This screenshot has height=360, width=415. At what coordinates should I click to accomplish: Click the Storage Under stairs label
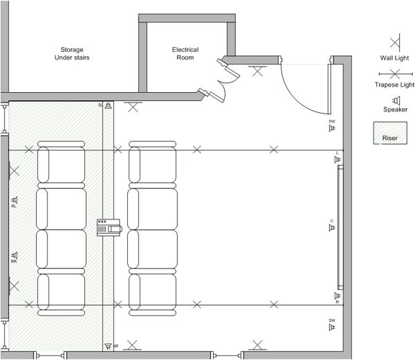coord(72,53)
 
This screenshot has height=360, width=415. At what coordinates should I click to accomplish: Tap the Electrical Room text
coord(185,53)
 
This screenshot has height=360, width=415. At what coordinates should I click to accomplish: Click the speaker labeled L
coord(338,159)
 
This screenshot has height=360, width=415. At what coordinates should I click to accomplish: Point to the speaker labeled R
coord(338,296)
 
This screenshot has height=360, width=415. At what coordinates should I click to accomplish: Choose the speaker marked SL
coord(108,105)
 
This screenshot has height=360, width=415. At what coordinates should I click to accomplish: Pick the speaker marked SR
coord(108,345)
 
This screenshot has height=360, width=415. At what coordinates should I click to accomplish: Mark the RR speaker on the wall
coord(13,255)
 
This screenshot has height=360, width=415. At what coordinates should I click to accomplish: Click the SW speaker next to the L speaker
coord(332,127)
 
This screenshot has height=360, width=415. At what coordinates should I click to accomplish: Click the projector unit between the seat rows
coord(109,227)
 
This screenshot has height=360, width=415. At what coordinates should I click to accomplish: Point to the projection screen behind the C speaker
coord(340,227)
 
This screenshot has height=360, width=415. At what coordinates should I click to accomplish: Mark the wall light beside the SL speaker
coord(133,106)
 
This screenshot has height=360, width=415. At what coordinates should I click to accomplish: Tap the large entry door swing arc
coord(304,90)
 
